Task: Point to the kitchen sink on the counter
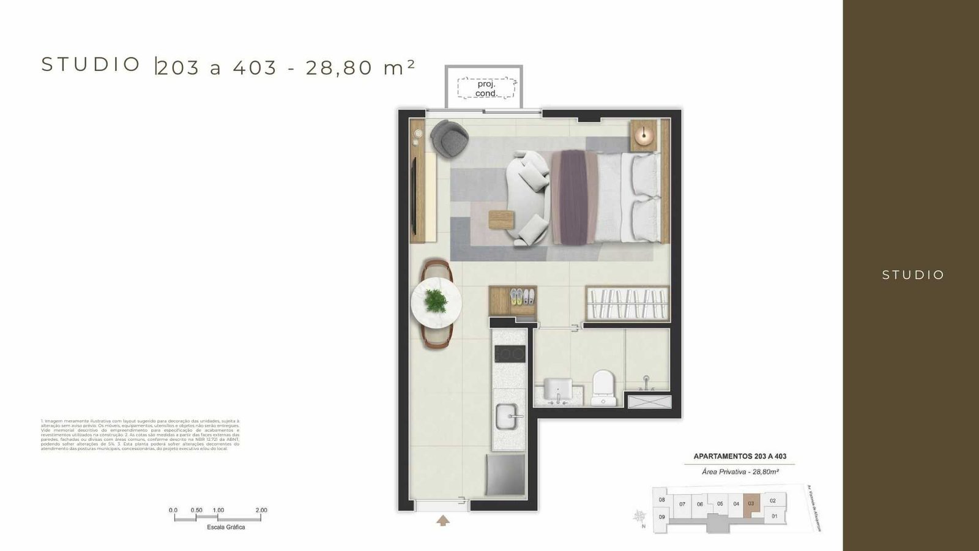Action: coord(508,418)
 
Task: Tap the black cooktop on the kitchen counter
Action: coord(509,354)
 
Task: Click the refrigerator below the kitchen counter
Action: coord(505,474)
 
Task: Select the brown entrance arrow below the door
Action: coord(443,520)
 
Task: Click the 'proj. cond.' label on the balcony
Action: coord(486,89)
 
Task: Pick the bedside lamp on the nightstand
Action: coord(644,134)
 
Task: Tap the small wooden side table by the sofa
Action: coord(501,219)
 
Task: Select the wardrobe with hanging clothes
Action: coord(627,303)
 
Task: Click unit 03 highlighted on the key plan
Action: coord(751,503)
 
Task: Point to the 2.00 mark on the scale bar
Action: coord(261,511)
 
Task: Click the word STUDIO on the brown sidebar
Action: coord(913,275)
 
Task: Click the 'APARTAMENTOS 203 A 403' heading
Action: coord(740,456)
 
